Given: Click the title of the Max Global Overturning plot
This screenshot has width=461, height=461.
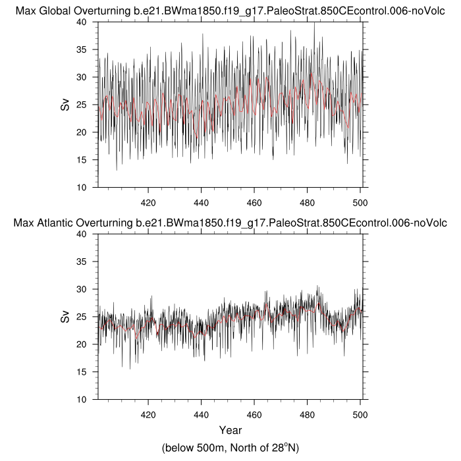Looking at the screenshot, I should point(230,11).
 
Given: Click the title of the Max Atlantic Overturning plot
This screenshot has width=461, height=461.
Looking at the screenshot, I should point(230,223).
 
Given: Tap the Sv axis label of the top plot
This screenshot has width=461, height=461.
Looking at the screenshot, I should point(65,104).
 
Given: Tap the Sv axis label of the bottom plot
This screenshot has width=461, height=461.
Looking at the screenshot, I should point(65,317).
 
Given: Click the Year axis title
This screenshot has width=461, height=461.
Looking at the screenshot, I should point(230,431).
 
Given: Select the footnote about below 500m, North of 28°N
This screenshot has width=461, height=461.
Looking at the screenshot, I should point(230,448).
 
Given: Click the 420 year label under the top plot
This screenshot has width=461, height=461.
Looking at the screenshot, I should point(148,202).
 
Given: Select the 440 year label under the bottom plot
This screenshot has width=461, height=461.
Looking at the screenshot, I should point(202,415).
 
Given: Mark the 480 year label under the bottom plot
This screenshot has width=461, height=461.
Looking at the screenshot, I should point(308,415).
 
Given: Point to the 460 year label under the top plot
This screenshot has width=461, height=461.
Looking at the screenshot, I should point(254,202).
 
